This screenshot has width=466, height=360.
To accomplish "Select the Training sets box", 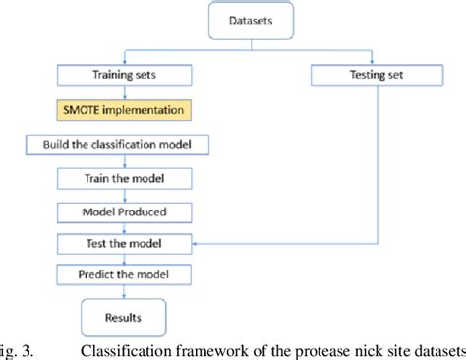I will pyautogui.click(x=125, y=74).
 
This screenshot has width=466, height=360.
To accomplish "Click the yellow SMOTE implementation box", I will pyautogui.click(x=124, y=109).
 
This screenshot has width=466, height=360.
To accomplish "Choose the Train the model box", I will pyautogui.click(x=125, y=178).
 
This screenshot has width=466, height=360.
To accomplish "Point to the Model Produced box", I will pyautogui.click(x=125, y=211).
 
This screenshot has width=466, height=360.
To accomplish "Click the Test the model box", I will pyautogui.click(x=125, y=243).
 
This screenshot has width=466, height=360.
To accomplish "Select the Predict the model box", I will pyautogui.click(x=125, y=275).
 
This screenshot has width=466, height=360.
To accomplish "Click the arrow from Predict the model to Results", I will pyautogui.click(x=124, y=293).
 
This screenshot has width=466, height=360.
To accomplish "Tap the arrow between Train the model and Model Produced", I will pyautogui.click(x=125, y=195).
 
